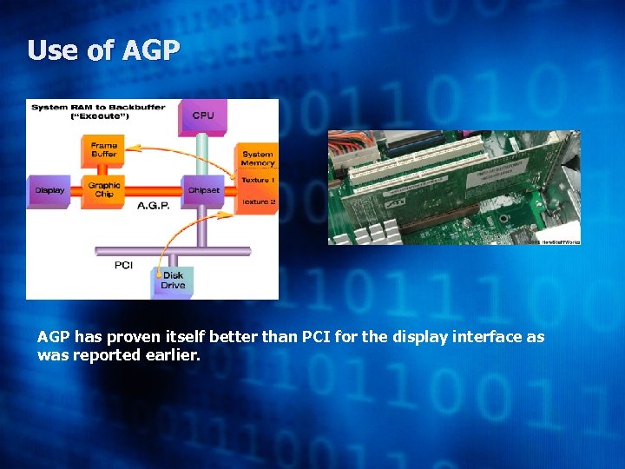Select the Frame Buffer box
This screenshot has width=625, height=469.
tap(104, 149)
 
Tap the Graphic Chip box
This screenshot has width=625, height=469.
tap(104, 189)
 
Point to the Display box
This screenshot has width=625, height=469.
tap(49, 190)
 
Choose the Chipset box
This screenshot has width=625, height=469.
tap(203, 190)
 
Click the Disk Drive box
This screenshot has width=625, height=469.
tap(173, 280)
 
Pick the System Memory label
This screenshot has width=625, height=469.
tap(258, 159)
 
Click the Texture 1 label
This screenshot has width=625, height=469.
tap(258, 180)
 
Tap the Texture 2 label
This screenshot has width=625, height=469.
tap(258, 201)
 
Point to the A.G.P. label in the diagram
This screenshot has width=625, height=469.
tap(153, 206)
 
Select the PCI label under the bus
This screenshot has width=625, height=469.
tap(123, 265)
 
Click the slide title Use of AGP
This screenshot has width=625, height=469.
tap(103, 50)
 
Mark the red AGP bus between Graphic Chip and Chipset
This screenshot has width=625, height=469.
tap(153, 189)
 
